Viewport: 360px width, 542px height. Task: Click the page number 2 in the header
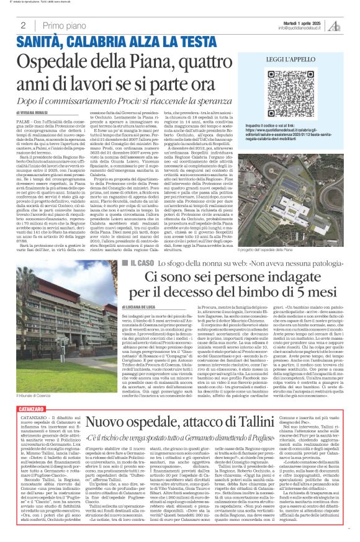click(x=23, y=25)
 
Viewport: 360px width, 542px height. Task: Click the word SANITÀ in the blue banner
click(x=42, y=43)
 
